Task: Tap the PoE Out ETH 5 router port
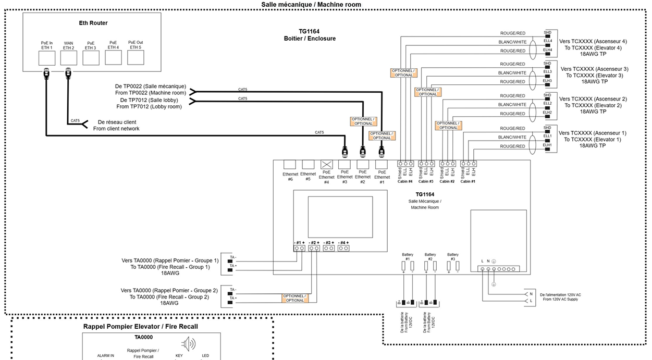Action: [136, 57]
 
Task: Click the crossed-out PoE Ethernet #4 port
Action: [326, 165]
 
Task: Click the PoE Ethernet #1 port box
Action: [382, 165]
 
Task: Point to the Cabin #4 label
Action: [405, 181]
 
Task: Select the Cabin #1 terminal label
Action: [468, 181]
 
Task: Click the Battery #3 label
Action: [452, 256]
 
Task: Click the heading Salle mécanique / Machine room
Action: [311, 5]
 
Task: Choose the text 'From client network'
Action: [116, 129]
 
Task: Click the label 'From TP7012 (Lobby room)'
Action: [151, 107]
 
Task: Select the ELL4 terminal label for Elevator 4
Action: [547, 41]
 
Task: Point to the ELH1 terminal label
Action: [547, 145]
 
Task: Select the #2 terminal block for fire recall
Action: [314, 249]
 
